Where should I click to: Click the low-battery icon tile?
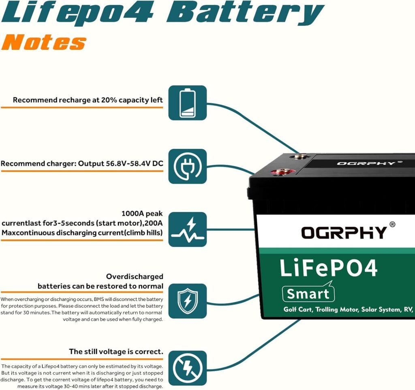click(x=187, y=103)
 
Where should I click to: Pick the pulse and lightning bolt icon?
click(x=187, y=229)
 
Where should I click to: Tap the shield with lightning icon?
click(x=187, y=300)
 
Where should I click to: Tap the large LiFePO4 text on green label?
click(x=329, y=268)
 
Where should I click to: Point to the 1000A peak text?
click(x=142, y=213)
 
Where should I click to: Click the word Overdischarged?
click(x=135, y=276)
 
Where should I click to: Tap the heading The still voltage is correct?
click(x=116, y=351)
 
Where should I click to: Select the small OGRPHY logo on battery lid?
click(x=360, y=163)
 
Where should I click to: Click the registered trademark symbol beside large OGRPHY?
click(x=392, y=224)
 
